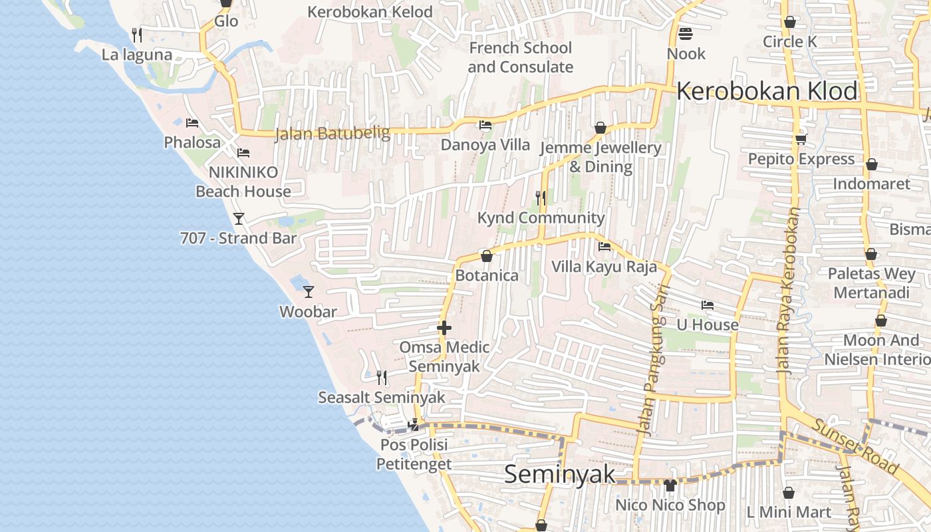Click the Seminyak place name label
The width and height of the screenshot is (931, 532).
[559, 475]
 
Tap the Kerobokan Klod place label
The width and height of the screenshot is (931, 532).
[767, 91]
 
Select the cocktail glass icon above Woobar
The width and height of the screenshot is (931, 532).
[308, 291]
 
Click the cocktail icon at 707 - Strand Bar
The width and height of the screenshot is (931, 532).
[239, 218]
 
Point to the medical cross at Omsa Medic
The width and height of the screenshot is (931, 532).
[444, 327]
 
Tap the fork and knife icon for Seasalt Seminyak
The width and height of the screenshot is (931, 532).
[382, 378]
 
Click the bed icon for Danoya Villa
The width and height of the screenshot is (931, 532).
[485, 124]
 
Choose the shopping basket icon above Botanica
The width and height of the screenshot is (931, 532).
[487, 256]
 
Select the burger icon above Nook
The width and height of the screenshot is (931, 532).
[686, 33]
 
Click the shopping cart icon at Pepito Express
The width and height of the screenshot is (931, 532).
[801, 139]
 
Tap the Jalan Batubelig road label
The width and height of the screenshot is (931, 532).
[332, 133]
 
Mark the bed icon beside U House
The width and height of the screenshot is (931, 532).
[708, 305]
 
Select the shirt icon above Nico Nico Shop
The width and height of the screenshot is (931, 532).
[670, 485]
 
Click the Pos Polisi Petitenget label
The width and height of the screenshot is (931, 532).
[414, 454]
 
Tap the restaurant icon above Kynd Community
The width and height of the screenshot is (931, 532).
[541, 198]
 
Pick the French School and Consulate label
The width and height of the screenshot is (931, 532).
[520, 57]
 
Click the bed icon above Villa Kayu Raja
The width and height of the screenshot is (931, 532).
[604, 247]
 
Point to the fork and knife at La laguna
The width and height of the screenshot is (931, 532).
[137, 35]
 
